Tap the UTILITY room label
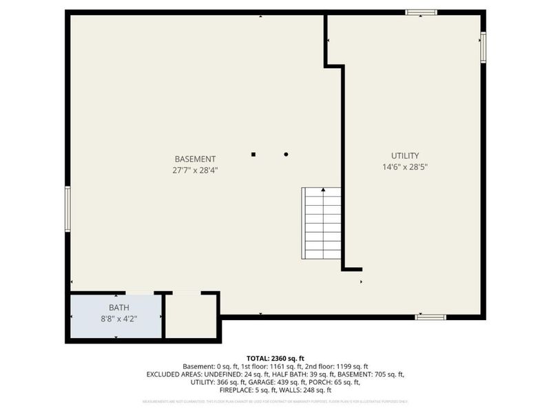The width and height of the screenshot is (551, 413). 405,156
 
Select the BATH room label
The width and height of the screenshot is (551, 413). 118,307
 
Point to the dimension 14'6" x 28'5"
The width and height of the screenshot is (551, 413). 405,167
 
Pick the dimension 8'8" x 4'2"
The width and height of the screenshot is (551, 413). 118,318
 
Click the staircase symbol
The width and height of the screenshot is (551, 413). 322,222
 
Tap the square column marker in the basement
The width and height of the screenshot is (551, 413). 253,154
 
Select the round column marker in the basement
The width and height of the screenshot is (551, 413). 286,154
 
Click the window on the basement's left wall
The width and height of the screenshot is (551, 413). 67,209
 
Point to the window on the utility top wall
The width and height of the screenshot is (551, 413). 421,12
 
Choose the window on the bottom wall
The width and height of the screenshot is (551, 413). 430,317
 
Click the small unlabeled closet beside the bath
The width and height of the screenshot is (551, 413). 191,317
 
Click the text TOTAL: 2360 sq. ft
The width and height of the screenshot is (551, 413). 275,357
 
